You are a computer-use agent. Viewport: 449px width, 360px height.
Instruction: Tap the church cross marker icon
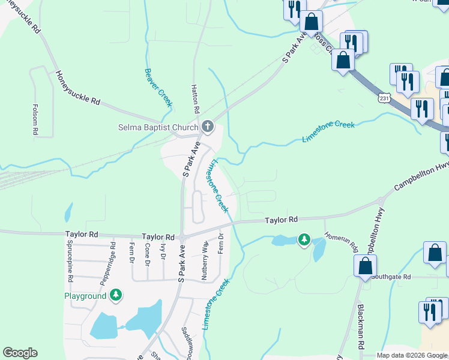click(208, 126)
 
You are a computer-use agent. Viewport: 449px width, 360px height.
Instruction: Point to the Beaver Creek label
click(158, 87)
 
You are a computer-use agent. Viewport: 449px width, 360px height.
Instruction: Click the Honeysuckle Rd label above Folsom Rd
click(77, 88)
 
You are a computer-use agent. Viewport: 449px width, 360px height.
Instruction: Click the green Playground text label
click(85, 296)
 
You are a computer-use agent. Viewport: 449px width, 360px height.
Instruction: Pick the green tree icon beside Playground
click(116, 295)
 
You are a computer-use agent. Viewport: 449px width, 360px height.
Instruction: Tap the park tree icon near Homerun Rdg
click(304, 241)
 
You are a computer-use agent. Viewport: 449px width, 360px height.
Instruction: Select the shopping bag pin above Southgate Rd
click(365, 265)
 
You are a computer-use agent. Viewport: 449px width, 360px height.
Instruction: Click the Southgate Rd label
click(391, 277)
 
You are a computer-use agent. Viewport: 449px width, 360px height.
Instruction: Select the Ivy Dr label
click(162, 251)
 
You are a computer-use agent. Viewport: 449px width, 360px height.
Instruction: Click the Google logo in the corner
click(20, 353)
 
